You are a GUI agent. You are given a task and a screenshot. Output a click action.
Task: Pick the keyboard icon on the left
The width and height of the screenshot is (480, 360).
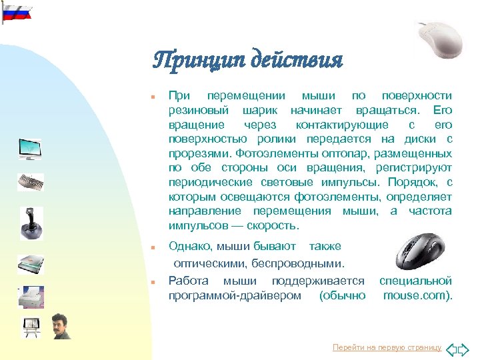[x=30, y=182]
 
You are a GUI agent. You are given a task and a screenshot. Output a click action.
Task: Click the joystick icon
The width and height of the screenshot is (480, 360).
[x=30, y=222]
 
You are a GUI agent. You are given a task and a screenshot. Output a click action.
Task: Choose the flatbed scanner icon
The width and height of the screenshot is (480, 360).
[x=30, y=264]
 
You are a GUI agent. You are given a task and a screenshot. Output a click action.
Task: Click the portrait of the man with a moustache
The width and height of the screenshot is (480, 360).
[x=61, y=326]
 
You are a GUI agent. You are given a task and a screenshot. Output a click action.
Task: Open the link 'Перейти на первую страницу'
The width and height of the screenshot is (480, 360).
[x=387, y=348]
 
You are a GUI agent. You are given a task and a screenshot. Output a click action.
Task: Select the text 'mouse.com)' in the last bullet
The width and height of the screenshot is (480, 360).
[x=418, y=295]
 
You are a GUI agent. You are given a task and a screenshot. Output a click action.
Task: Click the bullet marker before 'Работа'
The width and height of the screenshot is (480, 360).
[x=153, y=282]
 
